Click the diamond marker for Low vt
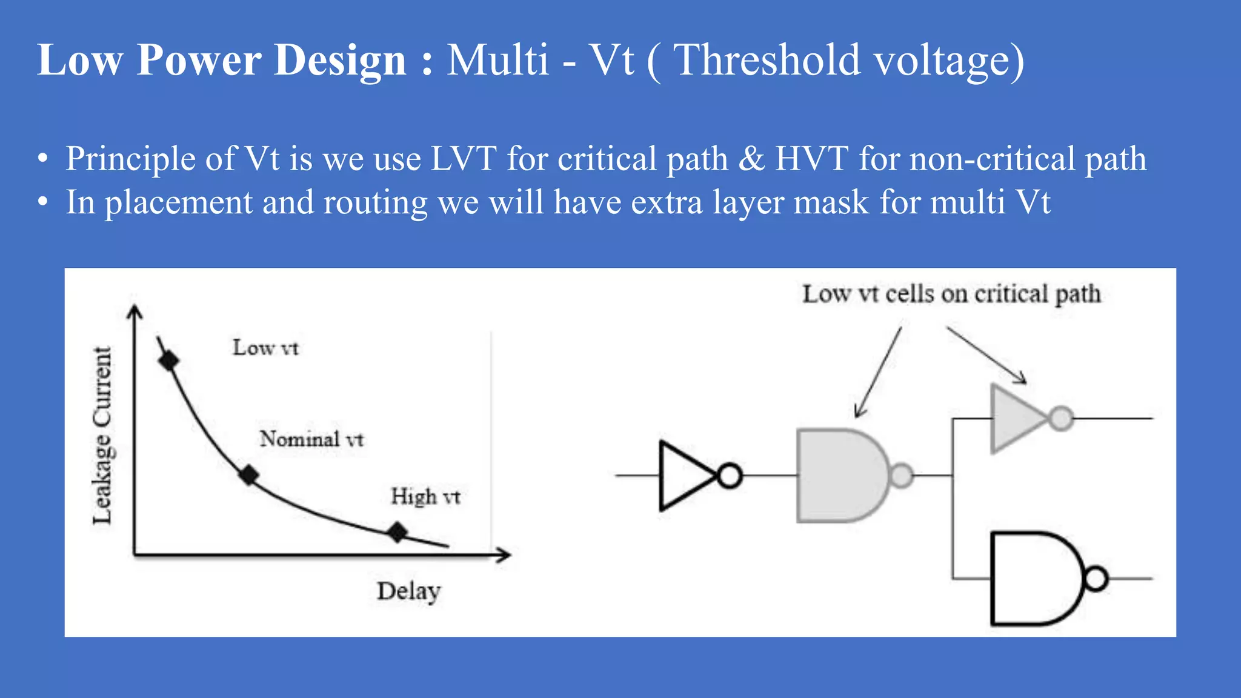[x=168, y=361]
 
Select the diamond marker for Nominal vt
[x=248, y=475]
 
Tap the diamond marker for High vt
[x=398, y=532]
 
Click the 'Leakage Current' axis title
[x=102, y=435]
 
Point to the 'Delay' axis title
[x=408, y=591]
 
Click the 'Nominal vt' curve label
[x=311, y=439]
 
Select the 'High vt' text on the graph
[x=425, y=497]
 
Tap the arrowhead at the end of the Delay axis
[x=504, y=554]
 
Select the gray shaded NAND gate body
[x=839, y=476]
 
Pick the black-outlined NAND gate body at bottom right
[x=1033, y=579]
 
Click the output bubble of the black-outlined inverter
[x=730, y=476]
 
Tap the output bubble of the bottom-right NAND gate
[x=1096, y=579]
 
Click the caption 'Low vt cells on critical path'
[x=951, y=294]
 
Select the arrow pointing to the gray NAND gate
[x=877, y=373]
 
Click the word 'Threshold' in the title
[x=767, y=61]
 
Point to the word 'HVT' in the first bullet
[x=811, y=159]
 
